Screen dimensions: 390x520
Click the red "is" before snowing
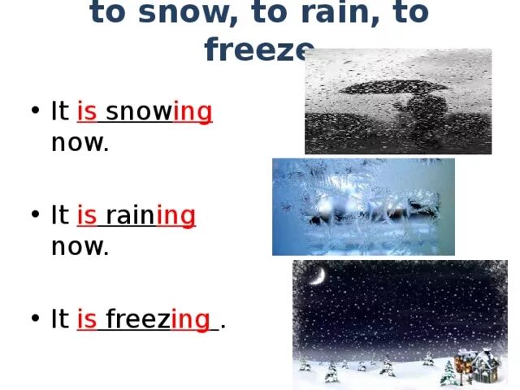pyautogui.click(x=87, y=112)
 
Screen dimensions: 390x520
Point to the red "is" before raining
pyautogui.click(x=87, y=216)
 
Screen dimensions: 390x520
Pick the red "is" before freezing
pyautogui.click(x=87, y=320)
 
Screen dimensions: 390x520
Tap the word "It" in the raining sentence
pyautogui.click(x=59, y=216)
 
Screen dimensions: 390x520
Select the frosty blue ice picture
pyautogui.click(x=363, y=206)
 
